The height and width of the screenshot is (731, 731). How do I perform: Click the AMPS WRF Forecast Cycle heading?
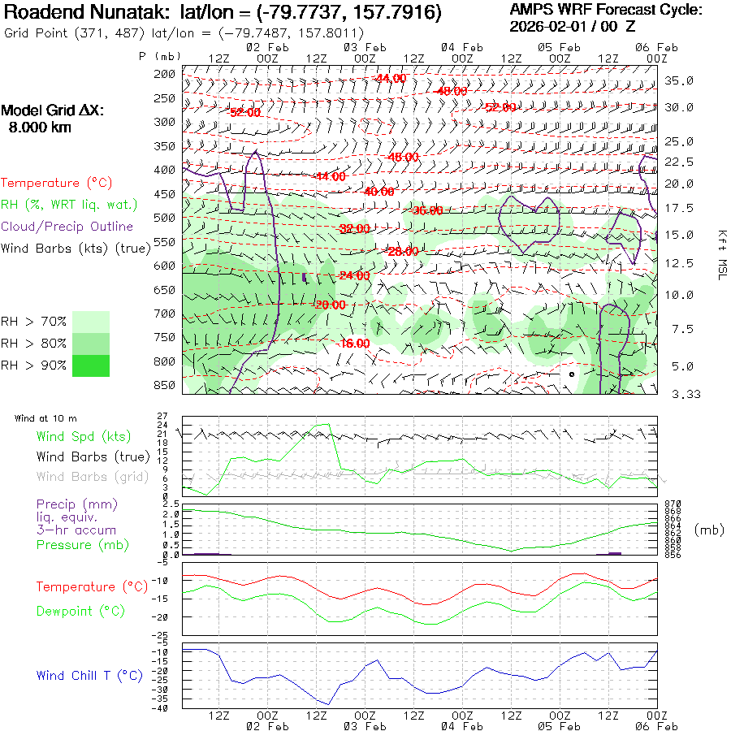pyautogui.click(x=606, y=10)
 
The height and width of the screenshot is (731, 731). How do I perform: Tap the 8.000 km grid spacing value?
pyautogui.click(x=40, y=128)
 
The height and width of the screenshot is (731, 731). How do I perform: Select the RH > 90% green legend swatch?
pyautogui.click(x=91, y=365)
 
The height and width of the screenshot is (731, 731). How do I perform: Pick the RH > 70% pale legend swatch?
pyautogui.click(x=91, y=322)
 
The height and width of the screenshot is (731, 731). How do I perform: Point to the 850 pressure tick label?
pyautogui.click(x=165, y=384)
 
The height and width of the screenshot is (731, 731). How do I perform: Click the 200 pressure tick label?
pyautogui.click(x=165, y=74)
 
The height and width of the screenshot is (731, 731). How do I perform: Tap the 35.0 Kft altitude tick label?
pyautogui.click(x=679, y=80)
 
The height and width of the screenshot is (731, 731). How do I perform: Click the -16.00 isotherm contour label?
pyautogui.click(x=354, y=343)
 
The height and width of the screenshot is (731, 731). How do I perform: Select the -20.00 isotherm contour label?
pyautogui.click(x=329, y=305)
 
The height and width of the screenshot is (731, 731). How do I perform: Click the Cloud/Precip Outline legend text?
pyautogui.click(x=67, y=227)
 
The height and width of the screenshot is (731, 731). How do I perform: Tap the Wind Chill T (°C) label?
pyautogui.click(x=89, y=675)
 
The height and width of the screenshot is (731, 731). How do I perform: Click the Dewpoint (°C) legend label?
pyautogui.click(x=76, y=610)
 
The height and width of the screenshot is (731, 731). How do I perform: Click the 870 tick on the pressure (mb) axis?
pyautogui.click(x=674, y=504)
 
